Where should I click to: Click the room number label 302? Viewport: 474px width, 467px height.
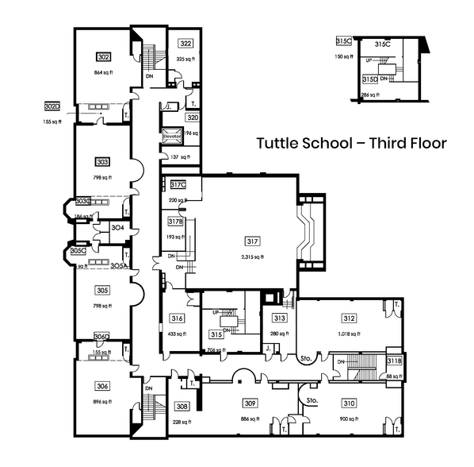coord(103,57)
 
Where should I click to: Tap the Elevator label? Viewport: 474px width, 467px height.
coord(172,136)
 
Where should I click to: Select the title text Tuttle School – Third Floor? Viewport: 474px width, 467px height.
coord(351,144)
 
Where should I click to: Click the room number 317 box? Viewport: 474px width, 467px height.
coord(253,241)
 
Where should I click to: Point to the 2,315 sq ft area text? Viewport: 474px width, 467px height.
coord(253,256)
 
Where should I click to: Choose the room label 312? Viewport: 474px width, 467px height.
coord(349,319)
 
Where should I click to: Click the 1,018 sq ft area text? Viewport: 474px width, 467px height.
coord(349,334)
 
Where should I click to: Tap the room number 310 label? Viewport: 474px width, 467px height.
coord(350,403)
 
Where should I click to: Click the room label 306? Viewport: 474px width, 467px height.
coord(102,386)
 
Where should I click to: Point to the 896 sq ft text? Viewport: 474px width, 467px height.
coord(102,400)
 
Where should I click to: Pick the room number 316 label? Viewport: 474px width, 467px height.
coord(177,319)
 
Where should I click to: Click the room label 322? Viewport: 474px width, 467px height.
coord(185,44)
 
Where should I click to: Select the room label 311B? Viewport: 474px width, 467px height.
coord(394,361)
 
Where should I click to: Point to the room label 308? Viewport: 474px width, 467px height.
coord(182,406)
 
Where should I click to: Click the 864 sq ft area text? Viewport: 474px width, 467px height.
coord(103,72)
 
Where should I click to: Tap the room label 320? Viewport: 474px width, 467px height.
coord(193,117)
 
